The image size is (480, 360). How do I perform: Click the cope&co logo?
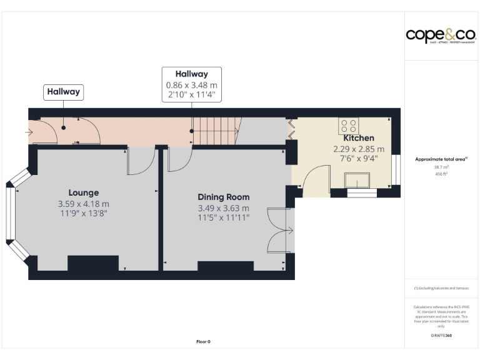(441, 35)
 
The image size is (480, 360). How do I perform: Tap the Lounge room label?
(84, 192)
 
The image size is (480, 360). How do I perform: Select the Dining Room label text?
(224, 197)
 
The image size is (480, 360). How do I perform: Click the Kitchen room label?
(359, 137)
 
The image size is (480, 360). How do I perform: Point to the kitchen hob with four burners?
(348, 125)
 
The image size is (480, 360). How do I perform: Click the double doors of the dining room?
(279, 230)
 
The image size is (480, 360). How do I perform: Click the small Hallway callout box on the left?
(63, 92)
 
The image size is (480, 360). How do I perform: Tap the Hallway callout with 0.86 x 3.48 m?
(191, 84)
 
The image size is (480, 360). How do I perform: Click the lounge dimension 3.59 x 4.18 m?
(84, 204)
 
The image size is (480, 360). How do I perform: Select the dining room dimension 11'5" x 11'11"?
(224, 217)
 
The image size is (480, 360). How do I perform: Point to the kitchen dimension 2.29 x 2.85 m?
(359, 149)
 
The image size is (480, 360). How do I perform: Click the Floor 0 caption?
(203, 342)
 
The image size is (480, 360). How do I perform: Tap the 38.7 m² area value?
(441, 167)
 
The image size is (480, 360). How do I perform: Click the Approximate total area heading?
(441, 159)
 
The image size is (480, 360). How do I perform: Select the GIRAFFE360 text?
(441, 336)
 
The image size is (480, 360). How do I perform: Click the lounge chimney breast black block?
(93, 263)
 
